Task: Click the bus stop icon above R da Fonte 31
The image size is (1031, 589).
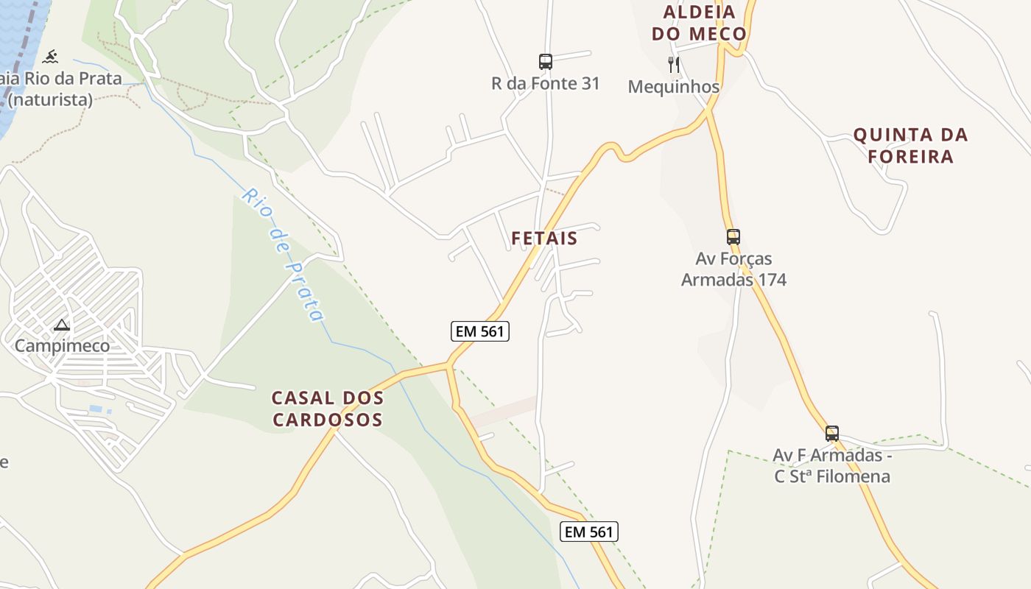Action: tap(545, 62)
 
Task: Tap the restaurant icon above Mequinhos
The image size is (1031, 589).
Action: tap(673, 65)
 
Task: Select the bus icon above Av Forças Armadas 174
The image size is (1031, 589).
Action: tap(733, 237)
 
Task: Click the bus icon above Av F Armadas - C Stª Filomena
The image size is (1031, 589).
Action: tap(831, 434)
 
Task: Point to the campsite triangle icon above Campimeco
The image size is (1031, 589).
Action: tap(62, 325)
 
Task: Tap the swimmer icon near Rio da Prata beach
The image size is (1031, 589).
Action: tap(50, 57)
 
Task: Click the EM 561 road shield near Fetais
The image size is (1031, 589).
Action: tap(480, 331)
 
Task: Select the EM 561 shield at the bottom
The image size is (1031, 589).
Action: tap(588, 532)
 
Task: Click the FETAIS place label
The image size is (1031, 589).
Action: tap(544, 239)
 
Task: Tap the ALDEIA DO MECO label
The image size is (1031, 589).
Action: tap(705, 23)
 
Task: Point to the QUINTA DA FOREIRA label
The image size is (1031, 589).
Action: tap(910, 146)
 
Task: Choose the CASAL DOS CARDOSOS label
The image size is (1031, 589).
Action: tap(328, 409)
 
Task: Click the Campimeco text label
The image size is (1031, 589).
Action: tap(63, 346)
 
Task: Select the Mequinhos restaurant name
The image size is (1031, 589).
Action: tap(673, 87)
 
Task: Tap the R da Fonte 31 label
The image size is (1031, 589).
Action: tap(545, 84)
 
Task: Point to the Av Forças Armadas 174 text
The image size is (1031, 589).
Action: tap(733, 269)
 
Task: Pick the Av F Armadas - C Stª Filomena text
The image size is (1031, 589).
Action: tap(831, 466)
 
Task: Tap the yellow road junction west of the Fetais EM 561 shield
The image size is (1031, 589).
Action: tap(448, 365)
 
